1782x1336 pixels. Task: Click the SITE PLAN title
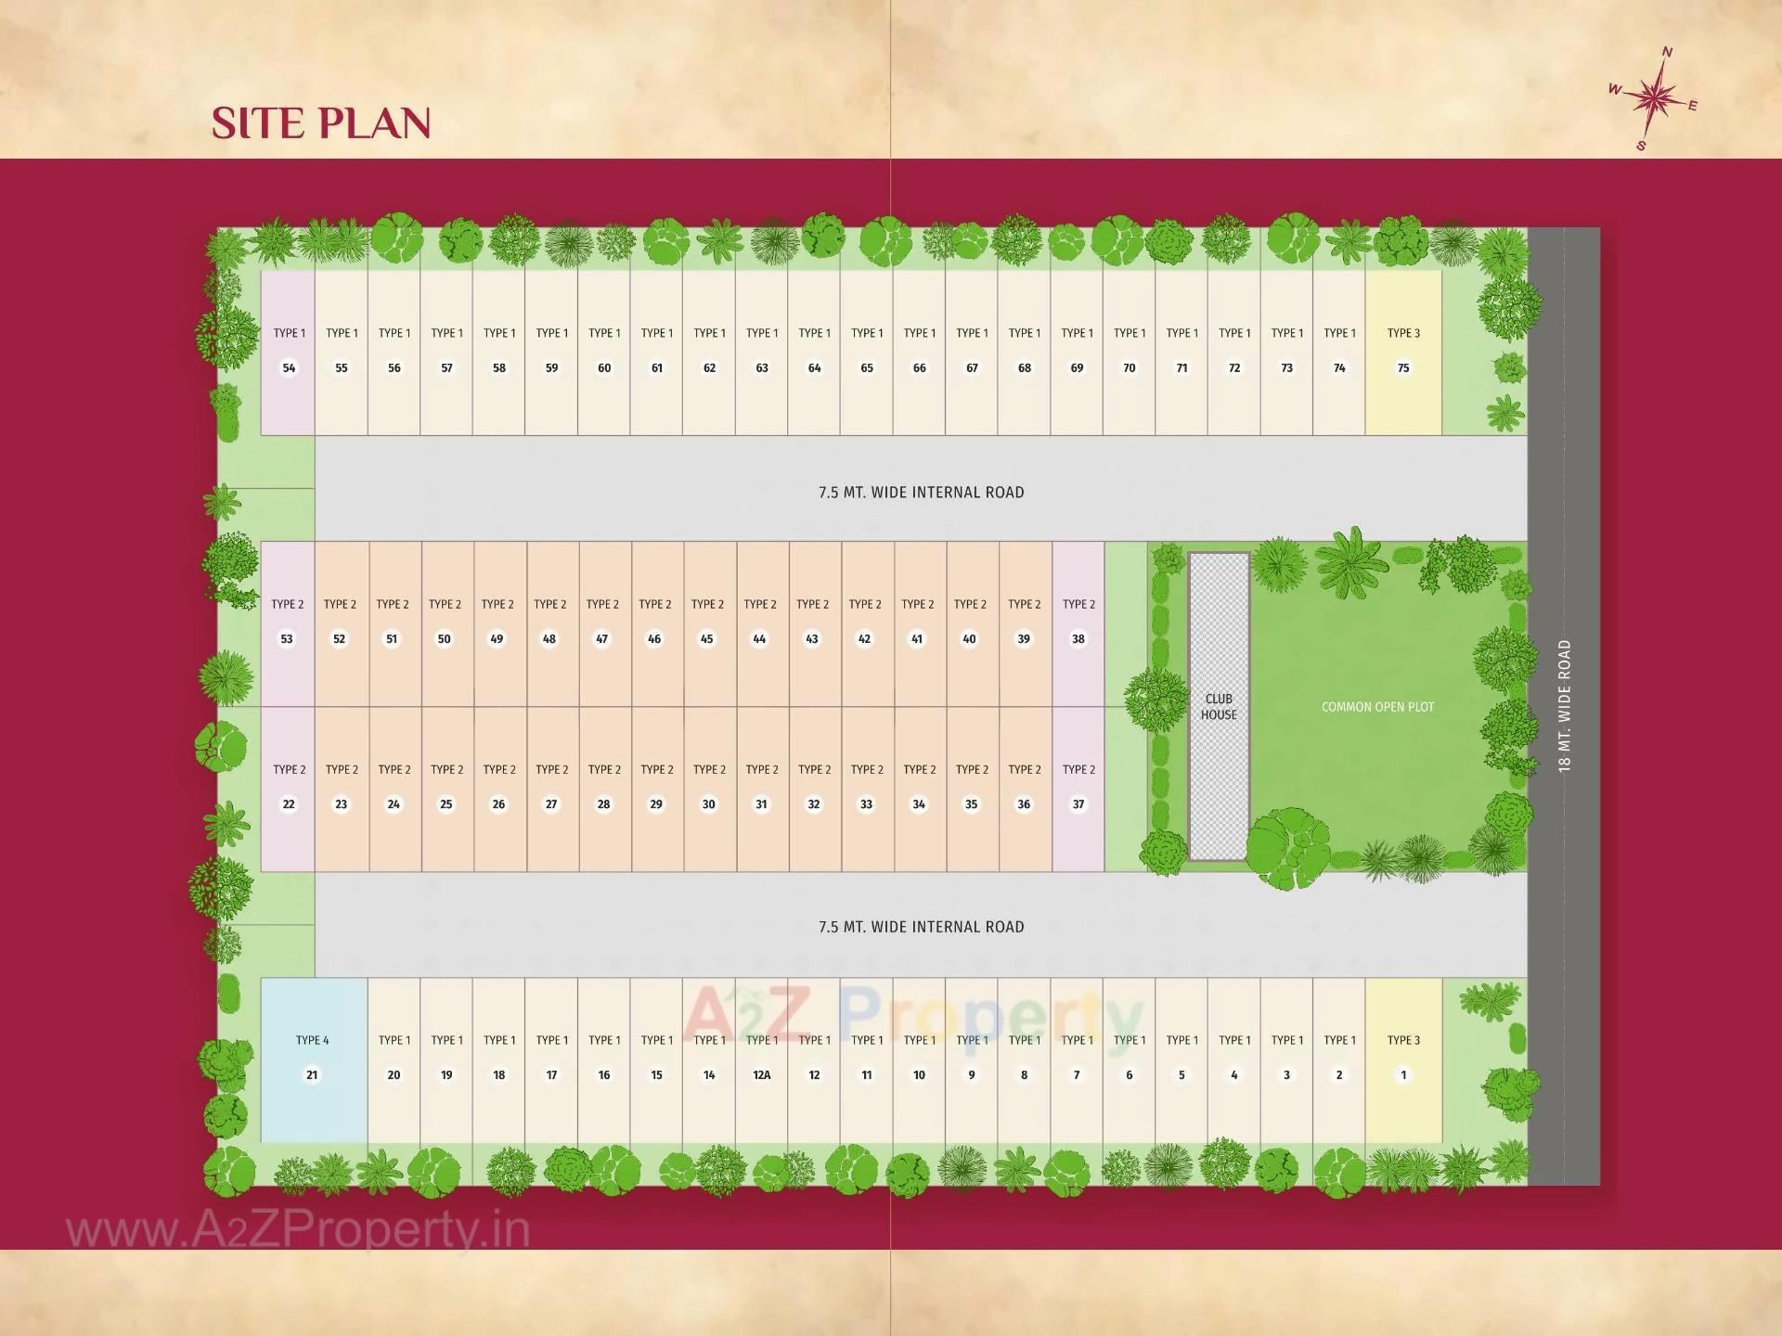coord(321,123)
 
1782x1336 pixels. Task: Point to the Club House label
coord(1219,707)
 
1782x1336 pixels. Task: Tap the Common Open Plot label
coord(1377,707)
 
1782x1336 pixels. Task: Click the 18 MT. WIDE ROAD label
coord(1565,706)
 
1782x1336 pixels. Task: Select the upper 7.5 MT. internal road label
coord(921,493)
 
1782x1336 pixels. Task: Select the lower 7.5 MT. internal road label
coord(921,927)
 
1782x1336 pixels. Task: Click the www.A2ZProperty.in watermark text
coord(298,1231)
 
